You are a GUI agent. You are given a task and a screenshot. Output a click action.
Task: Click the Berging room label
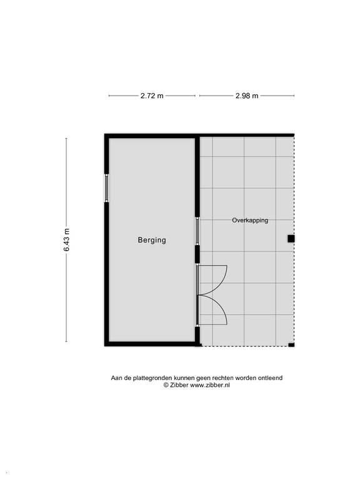[152, 239]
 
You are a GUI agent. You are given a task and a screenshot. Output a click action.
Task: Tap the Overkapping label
[250, 220]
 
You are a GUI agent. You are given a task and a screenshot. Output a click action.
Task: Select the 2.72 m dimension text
[152, 96]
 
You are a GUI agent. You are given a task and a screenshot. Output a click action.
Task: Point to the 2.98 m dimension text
[247, 96]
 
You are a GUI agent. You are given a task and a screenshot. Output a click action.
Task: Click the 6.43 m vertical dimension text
[66, 240]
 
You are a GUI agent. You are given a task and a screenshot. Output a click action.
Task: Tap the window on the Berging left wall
[107, 187]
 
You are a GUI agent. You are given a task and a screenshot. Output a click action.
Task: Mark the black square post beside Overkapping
[291, 238]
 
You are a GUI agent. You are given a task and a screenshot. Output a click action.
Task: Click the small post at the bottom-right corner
[291, 344]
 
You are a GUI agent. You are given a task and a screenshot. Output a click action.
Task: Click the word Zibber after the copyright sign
[179, 386]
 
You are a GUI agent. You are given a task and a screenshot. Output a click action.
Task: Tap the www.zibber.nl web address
[210, 386]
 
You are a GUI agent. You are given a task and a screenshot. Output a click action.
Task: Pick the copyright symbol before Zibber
[166, 386]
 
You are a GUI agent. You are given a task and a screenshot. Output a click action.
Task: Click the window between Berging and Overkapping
[197, 231]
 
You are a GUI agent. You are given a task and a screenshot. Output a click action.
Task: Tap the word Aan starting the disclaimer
[117, 378]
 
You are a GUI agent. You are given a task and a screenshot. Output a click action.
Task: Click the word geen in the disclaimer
[196, 378]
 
